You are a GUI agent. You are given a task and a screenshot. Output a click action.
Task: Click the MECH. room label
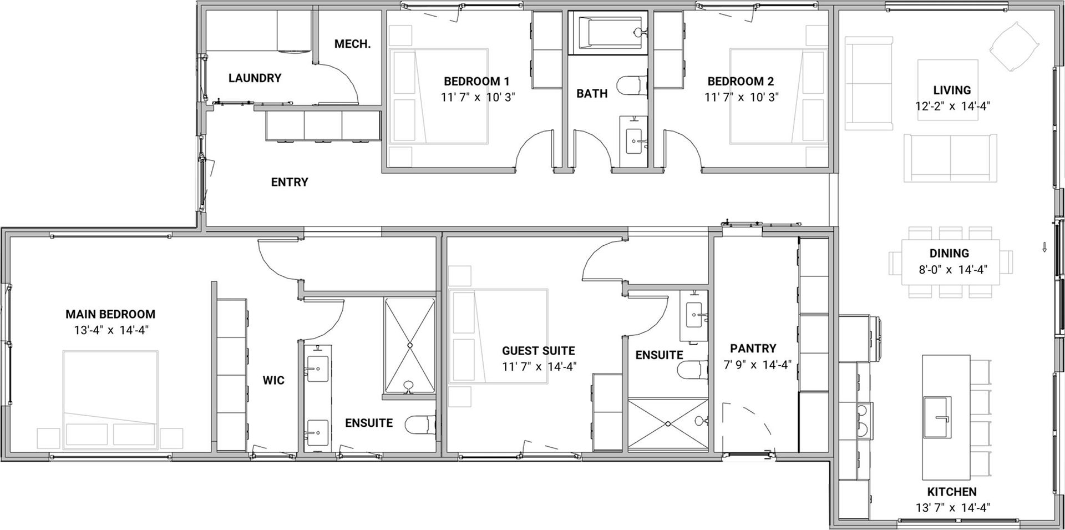352,44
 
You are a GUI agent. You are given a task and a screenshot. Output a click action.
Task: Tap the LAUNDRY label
255,78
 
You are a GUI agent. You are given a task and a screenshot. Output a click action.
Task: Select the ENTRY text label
290,182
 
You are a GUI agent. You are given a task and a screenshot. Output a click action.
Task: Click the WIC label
273,380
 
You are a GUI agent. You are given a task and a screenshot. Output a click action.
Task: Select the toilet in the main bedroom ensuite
420,426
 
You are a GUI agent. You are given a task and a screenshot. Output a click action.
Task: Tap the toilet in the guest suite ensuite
693,370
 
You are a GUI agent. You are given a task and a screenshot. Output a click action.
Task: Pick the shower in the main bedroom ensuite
409,347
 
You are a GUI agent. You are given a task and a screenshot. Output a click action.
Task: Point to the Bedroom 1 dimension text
478,97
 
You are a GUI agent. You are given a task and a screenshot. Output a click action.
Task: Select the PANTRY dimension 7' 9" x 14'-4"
757,365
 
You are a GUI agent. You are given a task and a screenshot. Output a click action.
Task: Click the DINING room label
949,254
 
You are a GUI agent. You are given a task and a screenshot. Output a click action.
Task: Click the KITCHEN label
952,492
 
